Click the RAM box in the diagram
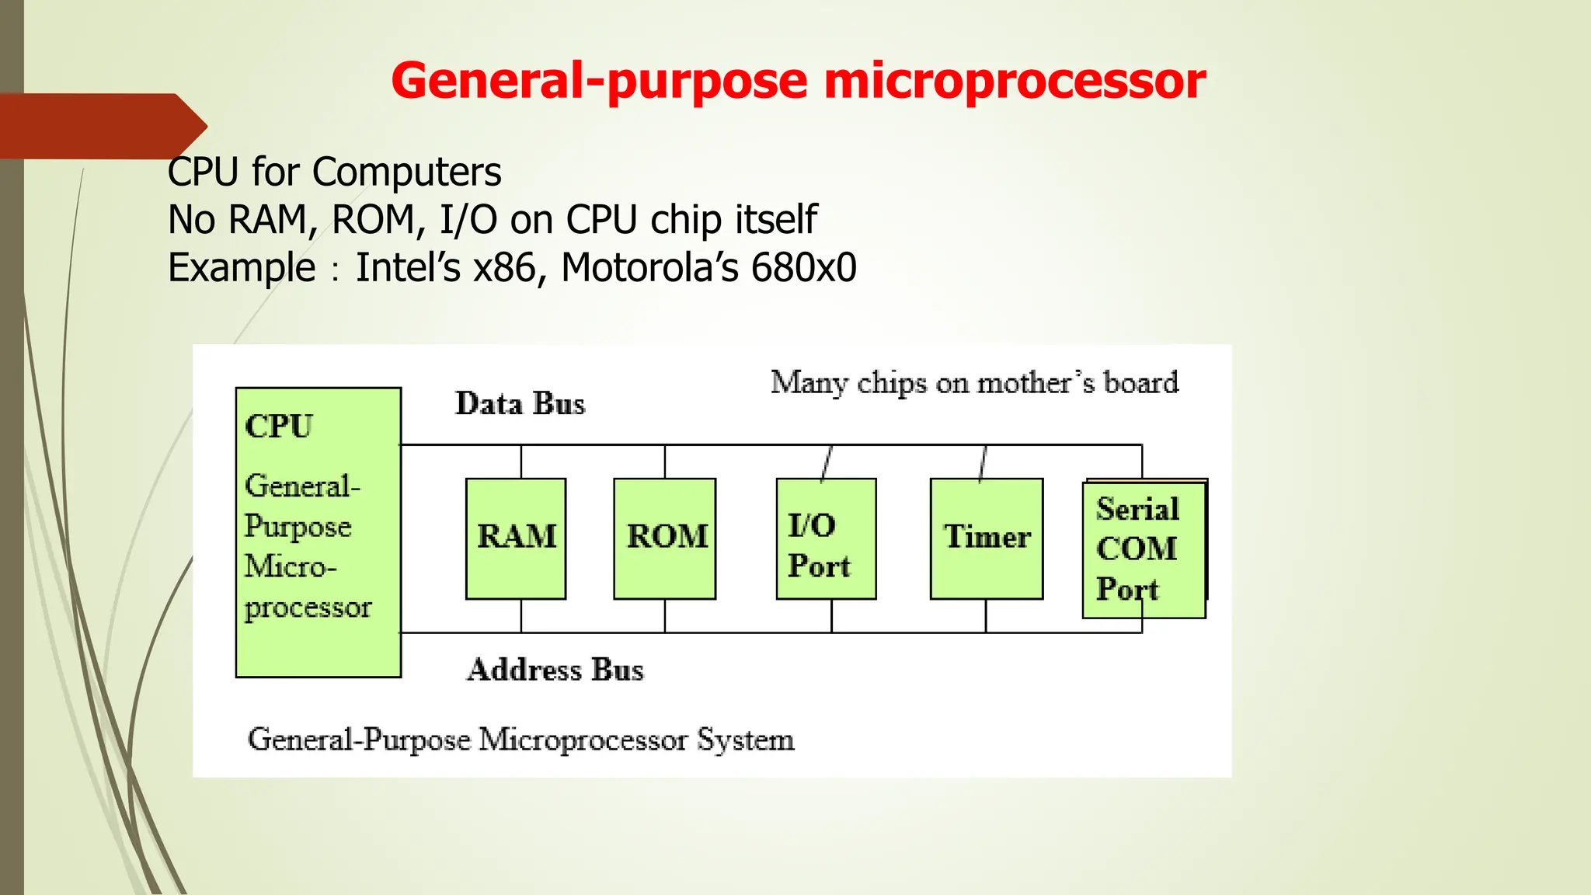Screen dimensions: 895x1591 click(x=516, y=538)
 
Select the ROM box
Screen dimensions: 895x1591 click(x=665, y=538)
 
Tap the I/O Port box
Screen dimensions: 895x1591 click(x=826, y=538)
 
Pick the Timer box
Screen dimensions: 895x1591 click(x=987, y=538)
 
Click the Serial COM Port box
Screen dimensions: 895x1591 click(x=1144, y=549)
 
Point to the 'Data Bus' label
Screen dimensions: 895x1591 click(x=520, y=404)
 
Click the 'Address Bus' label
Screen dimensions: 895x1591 click(x=555, y=670)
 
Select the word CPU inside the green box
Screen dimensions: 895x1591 click(x=279, y=427)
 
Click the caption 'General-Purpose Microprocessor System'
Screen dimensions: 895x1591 click(x=520, y=740)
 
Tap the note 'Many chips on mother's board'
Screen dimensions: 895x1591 click(x=974, y=383)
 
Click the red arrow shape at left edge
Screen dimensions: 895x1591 click(x=101, y=126)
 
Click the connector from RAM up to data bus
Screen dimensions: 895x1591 click(x=521, y=461)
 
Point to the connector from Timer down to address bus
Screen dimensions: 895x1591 click(x=986, y=615)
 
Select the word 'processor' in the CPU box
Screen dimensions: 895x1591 click(x=308, y=608)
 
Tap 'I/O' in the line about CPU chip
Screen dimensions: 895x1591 click(x=468, y=220)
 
